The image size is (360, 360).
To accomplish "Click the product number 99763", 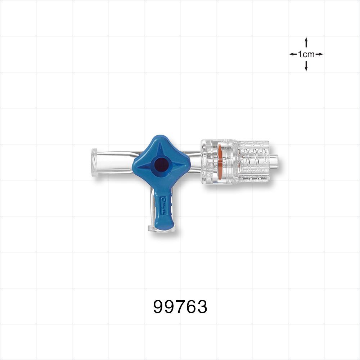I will pyautogui.click(x=180, y=307).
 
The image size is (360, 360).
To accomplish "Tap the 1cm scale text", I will pyautogui.click(x=306, y=54).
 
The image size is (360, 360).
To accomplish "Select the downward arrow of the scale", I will pyautogui.click(x=306, y=67).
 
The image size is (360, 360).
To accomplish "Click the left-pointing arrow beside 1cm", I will pyautogui.click(x=293, y=54).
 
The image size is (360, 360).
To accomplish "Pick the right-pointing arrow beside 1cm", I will pyautogui.click(x=320, y=54).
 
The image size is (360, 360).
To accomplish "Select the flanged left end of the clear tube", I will pyautogui.click(x=95, y=162).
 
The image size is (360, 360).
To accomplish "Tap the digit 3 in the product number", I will pyautogui.click(x=202, y=307).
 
